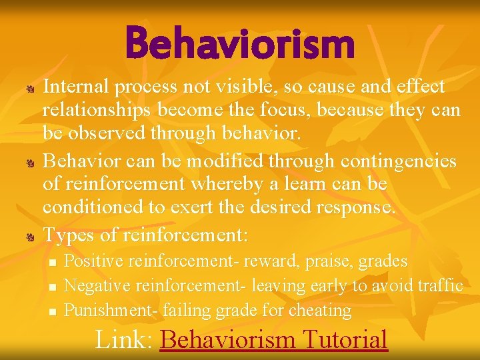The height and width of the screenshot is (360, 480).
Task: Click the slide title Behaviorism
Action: [239, 43]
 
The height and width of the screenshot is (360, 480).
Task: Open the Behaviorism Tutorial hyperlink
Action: [274, 339]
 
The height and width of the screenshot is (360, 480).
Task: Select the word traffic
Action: [441, 285]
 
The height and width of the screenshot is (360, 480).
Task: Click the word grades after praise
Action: [383, 261]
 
